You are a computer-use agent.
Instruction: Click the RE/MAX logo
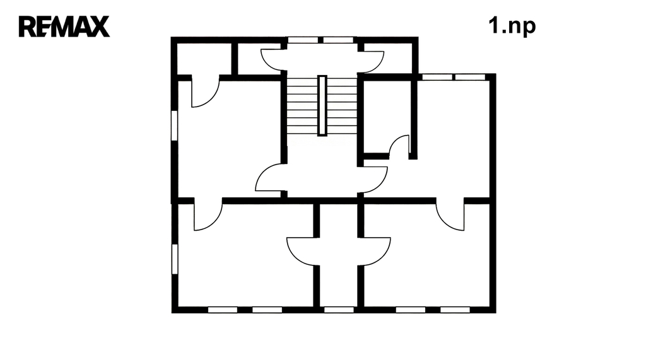pyautogui.click(x=64, y=26)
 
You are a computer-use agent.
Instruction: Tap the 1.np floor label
pyautogui.click(x=512, y=26)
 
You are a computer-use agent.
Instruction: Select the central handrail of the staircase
pyautogui.click(x=322, y=105)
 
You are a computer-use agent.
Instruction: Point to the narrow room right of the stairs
pyautogui.click(x=387, y=117)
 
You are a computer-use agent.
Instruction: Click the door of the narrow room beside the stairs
pyautogui.click(x=399, y=147)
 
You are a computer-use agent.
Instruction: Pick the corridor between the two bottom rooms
pyautogui.click(x=338, y=255)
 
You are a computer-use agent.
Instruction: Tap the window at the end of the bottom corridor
pyautogui.click(x=339, y=310)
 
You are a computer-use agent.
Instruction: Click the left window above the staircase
pyautogui.click(x=303, y=40)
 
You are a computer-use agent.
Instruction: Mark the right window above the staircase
pyautogui.click(x=338, y=40)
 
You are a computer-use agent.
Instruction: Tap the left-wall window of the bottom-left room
pyautogui.click(x=175, y=259)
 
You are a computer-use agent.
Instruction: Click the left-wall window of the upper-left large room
pyautogui.click(x=174, y=125)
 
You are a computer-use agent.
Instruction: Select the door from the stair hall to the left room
pyautogui.click(x=271, y=178)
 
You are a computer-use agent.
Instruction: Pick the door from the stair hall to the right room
pyautogui.click(x=373, y=180)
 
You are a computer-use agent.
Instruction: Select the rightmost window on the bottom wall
pyautogui.click(x=455, y=310)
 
